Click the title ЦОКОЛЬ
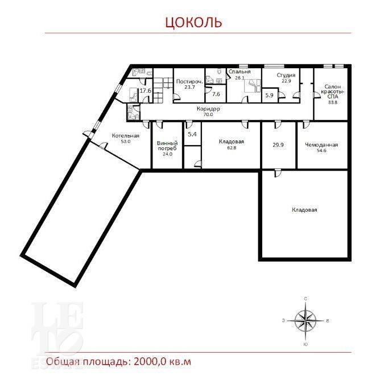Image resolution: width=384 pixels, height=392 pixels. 193,23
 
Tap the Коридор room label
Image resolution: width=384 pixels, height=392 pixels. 208,109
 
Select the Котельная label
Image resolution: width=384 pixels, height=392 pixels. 126,136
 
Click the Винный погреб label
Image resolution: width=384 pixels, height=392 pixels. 167,146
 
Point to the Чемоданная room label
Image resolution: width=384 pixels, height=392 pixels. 321,145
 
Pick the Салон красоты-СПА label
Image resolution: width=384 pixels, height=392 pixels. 333,92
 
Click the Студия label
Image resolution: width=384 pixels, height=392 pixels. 286,75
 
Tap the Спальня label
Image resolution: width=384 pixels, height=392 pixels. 240,72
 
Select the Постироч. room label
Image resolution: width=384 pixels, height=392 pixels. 189,81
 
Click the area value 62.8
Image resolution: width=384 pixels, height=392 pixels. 232,148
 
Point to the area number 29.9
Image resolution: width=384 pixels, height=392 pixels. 278,145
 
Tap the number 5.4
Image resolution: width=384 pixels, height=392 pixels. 192,134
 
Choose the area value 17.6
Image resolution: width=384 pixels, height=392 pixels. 145,90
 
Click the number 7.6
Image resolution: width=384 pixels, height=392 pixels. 216,94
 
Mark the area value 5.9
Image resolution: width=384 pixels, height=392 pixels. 269,95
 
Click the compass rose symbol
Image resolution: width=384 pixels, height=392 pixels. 305,320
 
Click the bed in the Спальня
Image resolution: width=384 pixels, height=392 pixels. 253,86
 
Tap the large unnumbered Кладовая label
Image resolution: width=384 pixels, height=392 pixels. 304,210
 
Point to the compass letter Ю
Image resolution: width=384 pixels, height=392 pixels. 305,345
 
